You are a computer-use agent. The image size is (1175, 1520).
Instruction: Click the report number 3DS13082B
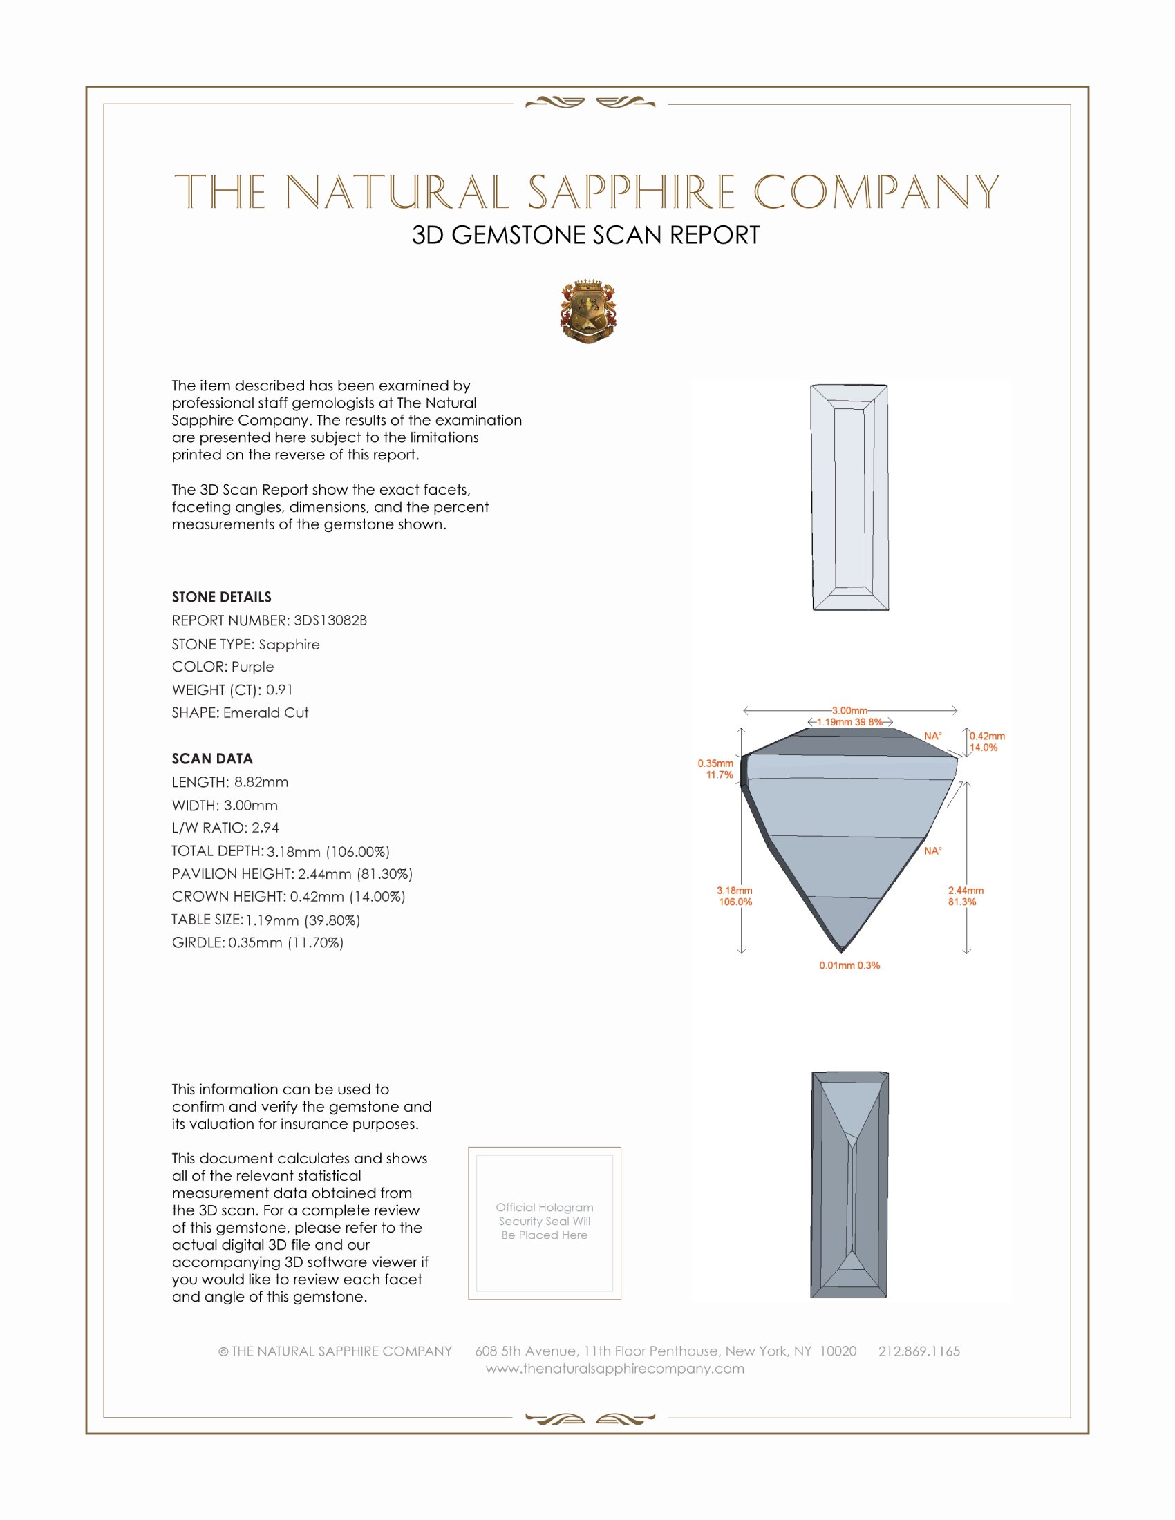point(330,620)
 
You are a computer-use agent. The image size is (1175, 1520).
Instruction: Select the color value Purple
point(253,667)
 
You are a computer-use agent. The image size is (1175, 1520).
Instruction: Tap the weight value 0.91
point(279,690)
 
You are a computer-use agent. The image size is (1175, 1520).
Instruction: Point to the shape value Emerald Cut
point(266,713)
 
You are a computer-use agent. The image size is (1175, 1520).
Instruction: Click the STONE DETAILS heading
point(221,597)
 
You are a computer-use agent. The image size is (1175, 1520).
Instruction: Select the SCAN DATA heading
point(212,759)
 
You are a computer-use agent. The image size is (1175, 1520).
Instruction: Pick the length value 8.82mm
point(261,782)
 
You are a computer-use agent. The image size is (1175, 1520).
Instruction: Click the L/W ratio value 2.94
point(265,828)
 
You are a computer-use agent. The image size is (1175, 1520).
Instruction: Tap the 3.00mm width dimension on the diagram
point(850,710)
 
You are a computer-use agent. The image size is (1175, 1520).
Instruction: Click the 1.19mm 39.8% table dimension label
point(850,723)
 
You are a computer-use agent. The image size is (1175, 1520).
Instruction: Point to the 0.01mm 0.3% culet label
point(849,965)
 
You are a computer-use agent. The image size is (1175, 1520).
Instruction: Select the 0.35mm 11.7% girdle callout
point(716,769)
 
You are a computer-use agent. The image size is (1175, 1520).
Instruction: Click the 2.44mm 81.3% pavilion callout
point(966,895)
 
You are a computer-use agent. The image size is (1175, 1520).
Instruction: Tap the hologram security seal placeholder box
point(545,1223)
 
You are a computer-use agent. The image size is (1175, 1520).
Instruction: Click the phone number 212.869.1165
point(919,1351)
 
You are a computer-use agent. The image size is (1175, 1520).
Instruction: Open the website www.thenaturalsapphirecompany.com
point(614,1368)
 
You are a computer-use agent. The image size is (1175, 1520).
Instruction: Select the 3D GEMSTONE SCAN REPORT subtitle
point(585,235)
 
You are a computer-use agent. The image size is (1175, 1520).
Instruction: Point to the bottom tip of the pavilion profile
point(843,951)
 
